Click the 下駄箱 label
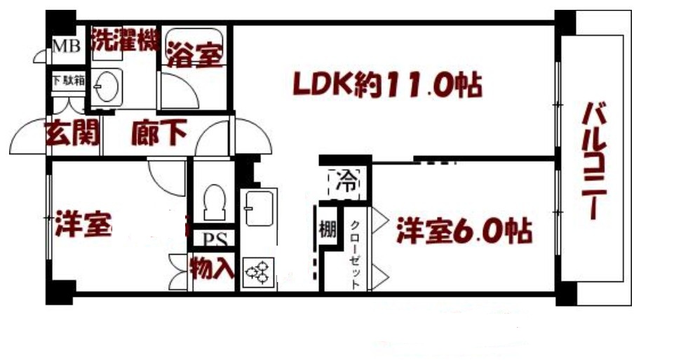coord(68,80)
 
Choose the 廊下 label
coord(158,133)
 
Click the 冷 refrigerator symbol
coord(345,182)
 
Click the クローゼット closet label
coord(356,255)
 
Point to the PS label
coord(213,239)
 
